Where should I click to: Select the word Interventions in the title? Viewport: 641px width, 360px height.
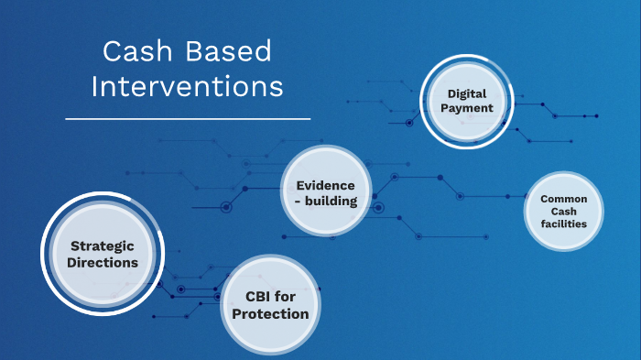188,87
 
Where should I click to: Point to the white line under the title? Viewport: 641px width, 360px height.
188,118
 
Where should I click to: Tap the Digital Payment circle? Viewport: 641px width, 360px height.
470,102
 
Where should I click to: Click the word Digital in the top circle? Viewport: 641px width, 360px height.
470,93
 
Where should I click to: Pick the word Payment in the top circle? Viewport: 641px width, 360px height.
470,108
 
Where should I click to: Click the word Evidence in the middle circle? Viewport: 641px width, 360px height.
326,185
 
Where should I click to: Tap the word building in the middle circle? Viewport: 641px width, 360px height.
332,201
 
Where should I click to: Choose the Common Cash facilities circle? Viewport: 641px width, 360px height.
564,211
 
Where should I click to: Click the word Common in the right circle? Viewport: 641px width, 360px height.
564,198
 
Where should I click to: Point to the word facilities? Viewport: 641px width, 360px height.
564,224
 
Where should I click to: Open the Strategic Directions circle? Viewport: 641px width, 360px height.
103,254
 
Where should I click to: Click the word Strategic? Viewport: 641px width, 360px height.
103,245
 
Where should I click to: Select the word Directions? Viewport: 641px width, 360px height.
103,263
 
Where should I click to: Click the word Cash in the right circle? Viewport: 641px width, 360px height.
564,211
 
